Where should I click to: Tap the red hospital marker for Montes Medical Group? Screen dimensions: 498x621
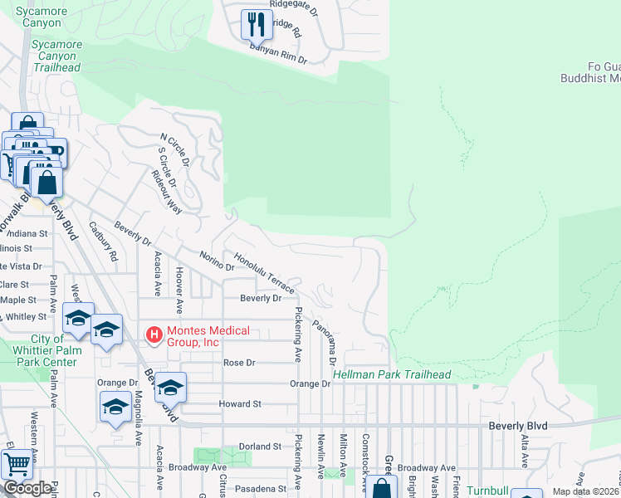pyautogui.click(x=154, y=336)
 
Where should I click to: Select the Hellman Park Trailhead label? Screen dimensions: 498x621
pyautogui.click(x=392, y=375)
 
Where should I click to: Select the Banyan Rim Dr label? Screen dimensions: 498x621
pyautogui.click(x=280, y=54)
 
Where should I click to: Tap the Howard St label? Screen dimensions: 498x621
pyautogui.click(x=240, y=403)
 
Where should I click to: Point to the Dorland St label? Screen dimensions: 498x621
pyautogui.click(x=260, y=447)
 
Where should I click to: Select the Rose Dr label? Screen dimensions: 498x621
pyautogui.click(x=239, y=363)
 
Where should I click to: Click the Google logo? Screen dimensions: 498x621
pyautogui.click(x=27, y=488)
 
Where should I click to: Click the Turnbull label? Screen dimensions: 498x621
pyautogui.click(x=487, y=491)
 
